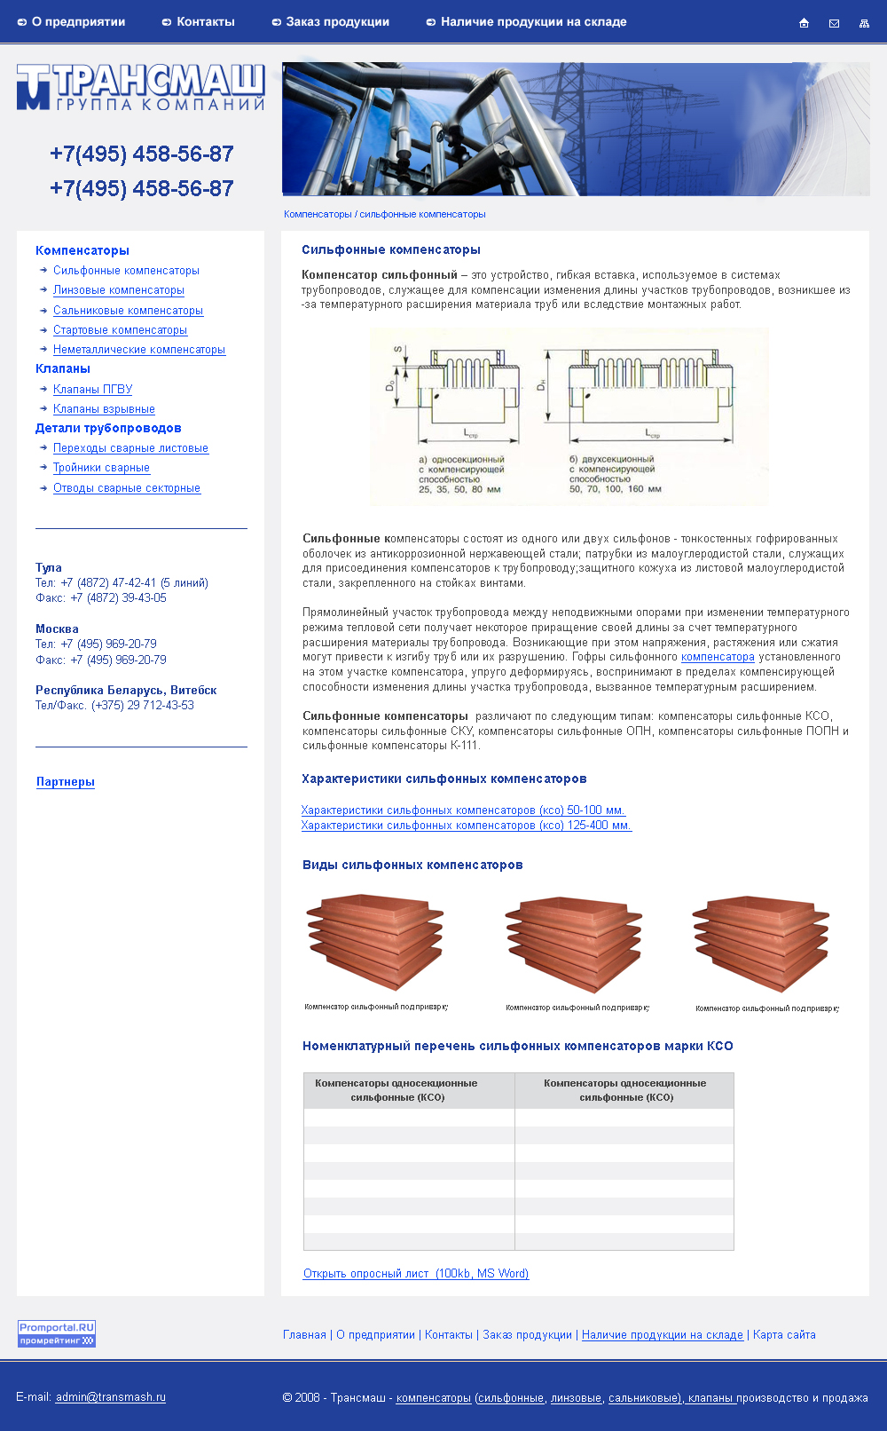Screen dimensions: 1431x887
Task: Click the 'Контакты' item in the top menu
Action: [205, 22]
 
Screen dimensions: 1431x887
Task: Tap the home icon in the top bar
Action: [804, 23]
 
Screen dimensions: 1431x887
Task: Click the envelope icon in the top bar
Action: [834, 23]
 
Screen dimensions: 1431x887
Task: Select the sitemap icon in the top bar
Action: [864, 23]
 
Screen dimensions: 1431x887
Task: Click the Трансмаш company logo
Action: [140, 87]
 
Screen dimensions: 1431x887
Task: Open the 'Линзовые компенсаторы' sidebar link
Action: [119, 290]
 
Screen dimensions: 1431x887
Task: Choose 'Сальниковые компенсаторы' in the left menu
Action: [128, 311]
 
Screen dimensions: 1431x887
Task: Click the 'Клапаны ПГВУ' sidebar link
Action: [92, 390]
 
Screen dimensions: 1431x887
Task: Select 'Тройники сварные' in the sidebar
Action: [101, 468]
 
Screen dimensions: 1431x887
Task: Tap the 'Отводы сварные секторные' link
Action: [127, 488]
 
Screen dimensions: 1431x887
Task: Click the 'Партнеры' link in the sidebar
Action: [66, 782]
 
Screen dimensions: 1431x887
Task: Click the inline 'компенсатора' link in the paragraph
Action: [718, 657]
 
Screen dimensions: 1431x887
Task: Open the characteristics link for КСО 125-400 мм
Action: [466, 826]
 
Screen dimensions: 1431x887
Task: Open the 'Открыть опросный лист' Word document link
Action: [416, 1274]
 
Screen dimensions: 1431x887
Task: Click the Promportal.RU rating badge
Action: [57, 1333]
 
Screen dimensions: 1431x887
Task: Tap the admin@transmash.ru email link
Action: [111, 1397]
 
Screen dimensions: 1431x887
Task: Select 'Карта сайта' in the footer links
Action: [784, 1335]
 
